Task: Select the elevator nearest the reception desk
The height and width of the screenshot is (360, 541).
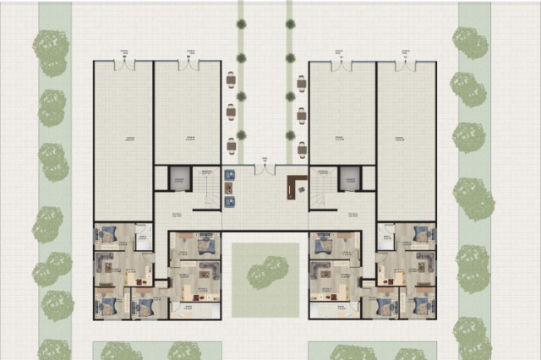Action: click(x=349, y=178)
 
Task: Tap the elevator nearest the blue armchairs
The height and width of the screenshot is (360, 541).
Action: click(x=180, y=178)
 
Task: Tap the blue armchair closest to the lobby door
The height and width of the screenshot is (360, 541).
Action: click(x=230, y=175)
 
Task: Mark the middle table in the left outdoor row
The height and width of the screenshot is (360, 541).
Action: click(x=231, y=112)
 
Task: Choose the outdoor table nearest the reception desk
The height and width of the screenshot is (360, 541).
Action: click(x=302, y=150)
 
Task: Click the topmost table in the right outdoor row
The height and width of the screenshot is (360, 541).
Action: click(x=302, y=83)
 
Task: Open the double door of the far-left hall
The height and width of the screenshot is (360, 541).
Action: click(x=125, y=63)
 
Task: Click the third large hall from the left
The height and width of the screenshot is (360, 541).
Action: click(x=342, y=114)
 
